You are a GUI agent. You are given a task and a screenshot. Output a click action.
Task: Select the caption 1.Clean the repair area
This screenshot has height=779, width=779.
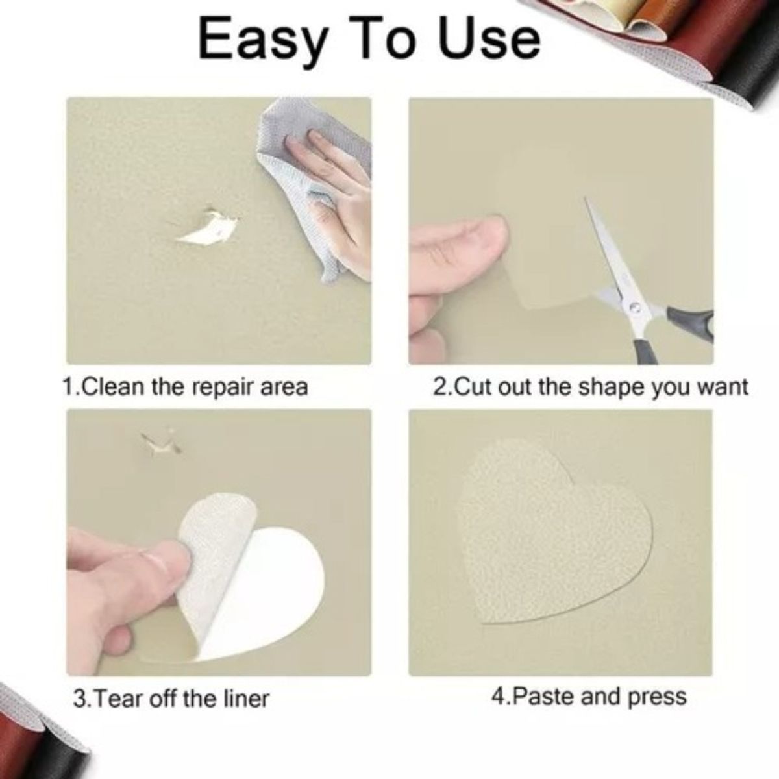[x=186, y=388]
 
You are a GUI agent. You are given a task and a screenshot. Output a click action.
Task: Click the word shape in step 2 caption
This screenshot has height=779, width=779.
[x=606, y=388]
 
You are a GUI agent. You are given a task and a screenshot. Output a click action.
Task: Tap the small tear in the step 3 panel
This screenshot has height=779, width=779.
[x=159, y=445]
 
